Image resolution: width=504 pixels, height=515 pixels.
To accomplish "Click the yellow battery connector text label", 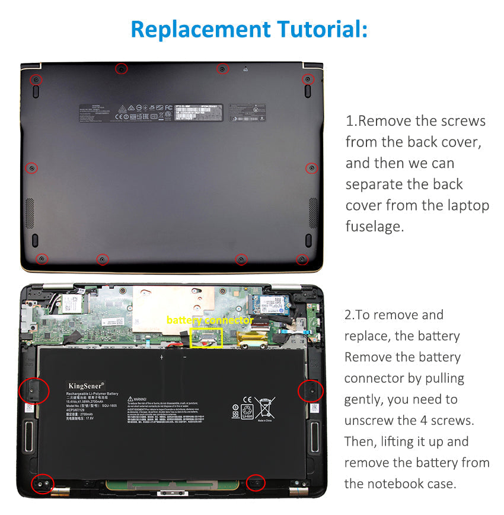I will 209,320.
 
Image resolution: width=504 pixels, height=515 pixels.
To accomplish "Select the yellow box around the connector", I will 206,338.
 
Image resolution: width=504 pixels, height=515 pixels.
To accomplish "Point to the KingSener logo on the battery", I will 86,386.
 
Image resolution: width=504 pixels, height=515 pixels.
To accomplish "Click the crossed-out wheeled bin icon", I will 265,408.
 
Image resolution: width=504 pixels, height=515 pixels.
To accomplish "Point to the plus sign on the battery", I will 161,357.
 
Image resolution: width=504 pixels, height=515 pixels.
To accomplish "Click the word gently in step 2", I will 365,399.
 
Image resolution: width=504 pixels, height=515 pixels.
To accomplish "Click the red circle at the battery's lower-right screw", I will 256,483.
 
